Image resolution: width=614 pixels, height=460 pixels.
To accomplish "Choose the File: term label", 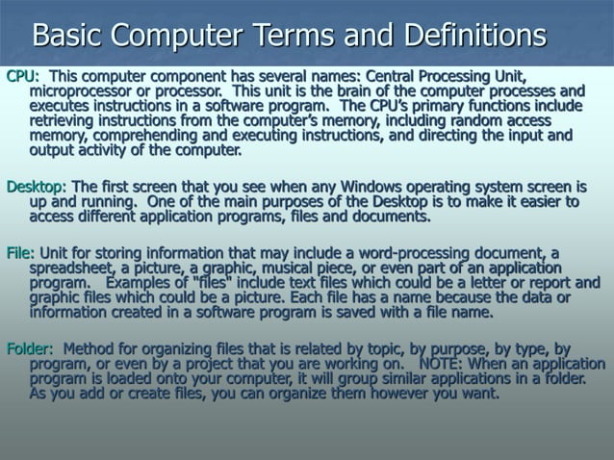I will (x=20, y=253).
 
